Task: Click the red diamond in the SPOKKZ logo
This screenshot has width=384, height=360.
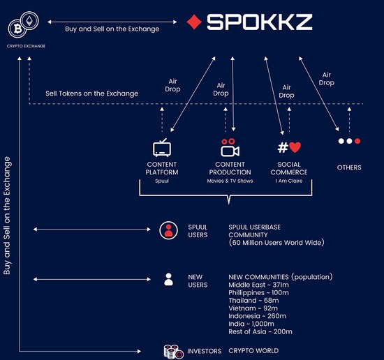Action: pyautogui.click(x=194, y=22)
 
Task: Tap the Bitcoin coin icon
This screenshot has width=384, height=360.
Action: pyautogui.click(x=17, y=29)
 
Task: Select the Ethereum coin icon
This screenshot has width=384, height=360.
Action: pyautogui.click(x=29, y=20)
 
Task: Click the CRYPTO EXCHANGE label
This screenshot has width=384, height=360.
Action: pyautogui.click(x=26, y=46)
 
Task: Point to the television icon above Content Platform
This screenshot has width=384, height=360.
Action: pyautogui.click(x=162, y=148)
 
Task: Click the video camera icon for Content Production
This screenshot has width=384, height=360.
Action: pyautogui.click(x=230, y=148)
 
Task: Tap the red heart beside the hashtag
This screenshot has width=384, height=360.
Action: pyautogui.click(x=295, y=147)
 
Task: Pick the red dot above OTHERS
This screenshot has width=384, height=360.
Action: pyautogui.click(x=357, y=141)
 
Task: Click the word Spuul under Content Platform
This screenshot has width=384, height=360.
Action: pyautogui.click(x=162, y=181)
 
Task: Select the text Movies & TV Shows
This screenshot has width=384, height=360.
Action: pyautogui.click(x=230, y=181)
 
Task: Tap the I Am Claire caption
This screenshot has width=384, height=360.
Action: pyautogui.click(x=289, y=181)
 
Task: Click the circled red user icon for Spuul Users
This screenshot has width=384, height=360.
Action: pyautogui.click(x=168, y=230)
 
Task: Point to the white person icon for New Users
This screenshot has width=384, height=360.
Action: pyautogui.click(x=168, y=279)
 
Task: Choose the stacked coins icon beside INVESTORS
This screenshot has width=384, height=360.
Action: pyautogui.click(x=173, y=352)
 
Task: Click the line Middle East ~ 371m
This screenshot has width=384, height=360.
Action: pyautogui.click(x=258, y=285)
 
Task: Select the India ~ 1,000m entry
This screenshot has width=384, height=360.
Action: pyautogui.click(x=251, y=324)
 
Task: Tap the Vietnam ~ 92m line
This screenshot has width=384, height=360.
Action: pyautogui.click(x=253, y=308)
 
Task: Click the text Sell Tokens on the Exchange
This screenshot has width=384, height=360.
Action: pyautogui.click(x=92, y=93)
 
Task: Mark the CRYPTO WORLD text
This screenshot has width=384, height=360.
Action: pyautogui.click(x=253, y=351)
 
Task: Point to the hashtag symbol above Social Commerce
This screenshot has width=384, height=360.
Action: pyautogui.click(x=283, y=148)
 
